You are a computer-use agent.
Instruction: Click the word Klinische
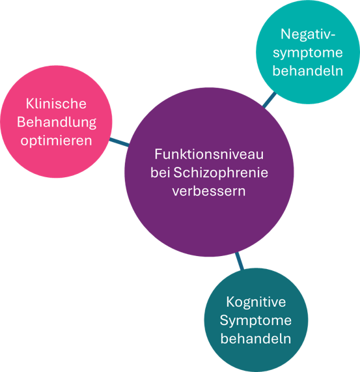pos(56,104)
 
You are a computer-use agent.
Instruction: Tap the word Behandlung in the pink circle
pos(57,122)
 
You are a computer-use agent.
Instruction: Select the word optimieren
pos(56,141)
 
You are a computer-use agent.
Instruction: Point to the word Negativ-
pos(308,35)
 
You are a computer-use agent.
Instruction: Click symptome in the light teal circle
pos(308,53)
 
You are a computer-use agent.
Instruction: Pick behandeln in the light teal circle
pos(308,71)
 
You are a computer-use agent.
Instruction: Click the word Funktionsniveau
pos(209,154)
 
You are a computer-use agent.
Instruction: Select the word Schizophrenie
pos(221,173)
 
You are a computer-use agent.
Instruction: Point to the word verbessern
pos(209,191)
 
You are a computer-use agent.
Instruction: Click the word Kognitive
pos(256,302)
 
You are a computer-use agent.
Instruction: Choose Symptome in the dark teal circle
pos(255,321)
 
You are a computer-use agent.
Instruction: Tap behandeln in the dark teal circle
pos(256,339)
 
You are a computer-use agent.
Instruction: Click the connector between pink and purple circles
pos(119,142)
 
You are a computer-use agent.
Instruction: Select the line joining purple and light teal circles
pos(270,100)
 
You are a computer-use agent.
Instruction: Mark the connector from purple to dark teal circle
pos(240,261)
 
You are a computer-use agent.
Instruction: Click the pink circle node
pos(56,121)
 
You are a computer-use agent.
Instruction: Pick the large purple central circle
pos(209,172)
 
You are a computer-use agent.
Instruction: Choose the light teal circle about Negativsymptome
pos(308,52)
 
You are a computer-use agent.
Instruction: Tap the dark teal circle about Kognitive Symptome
pos(256,320)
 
